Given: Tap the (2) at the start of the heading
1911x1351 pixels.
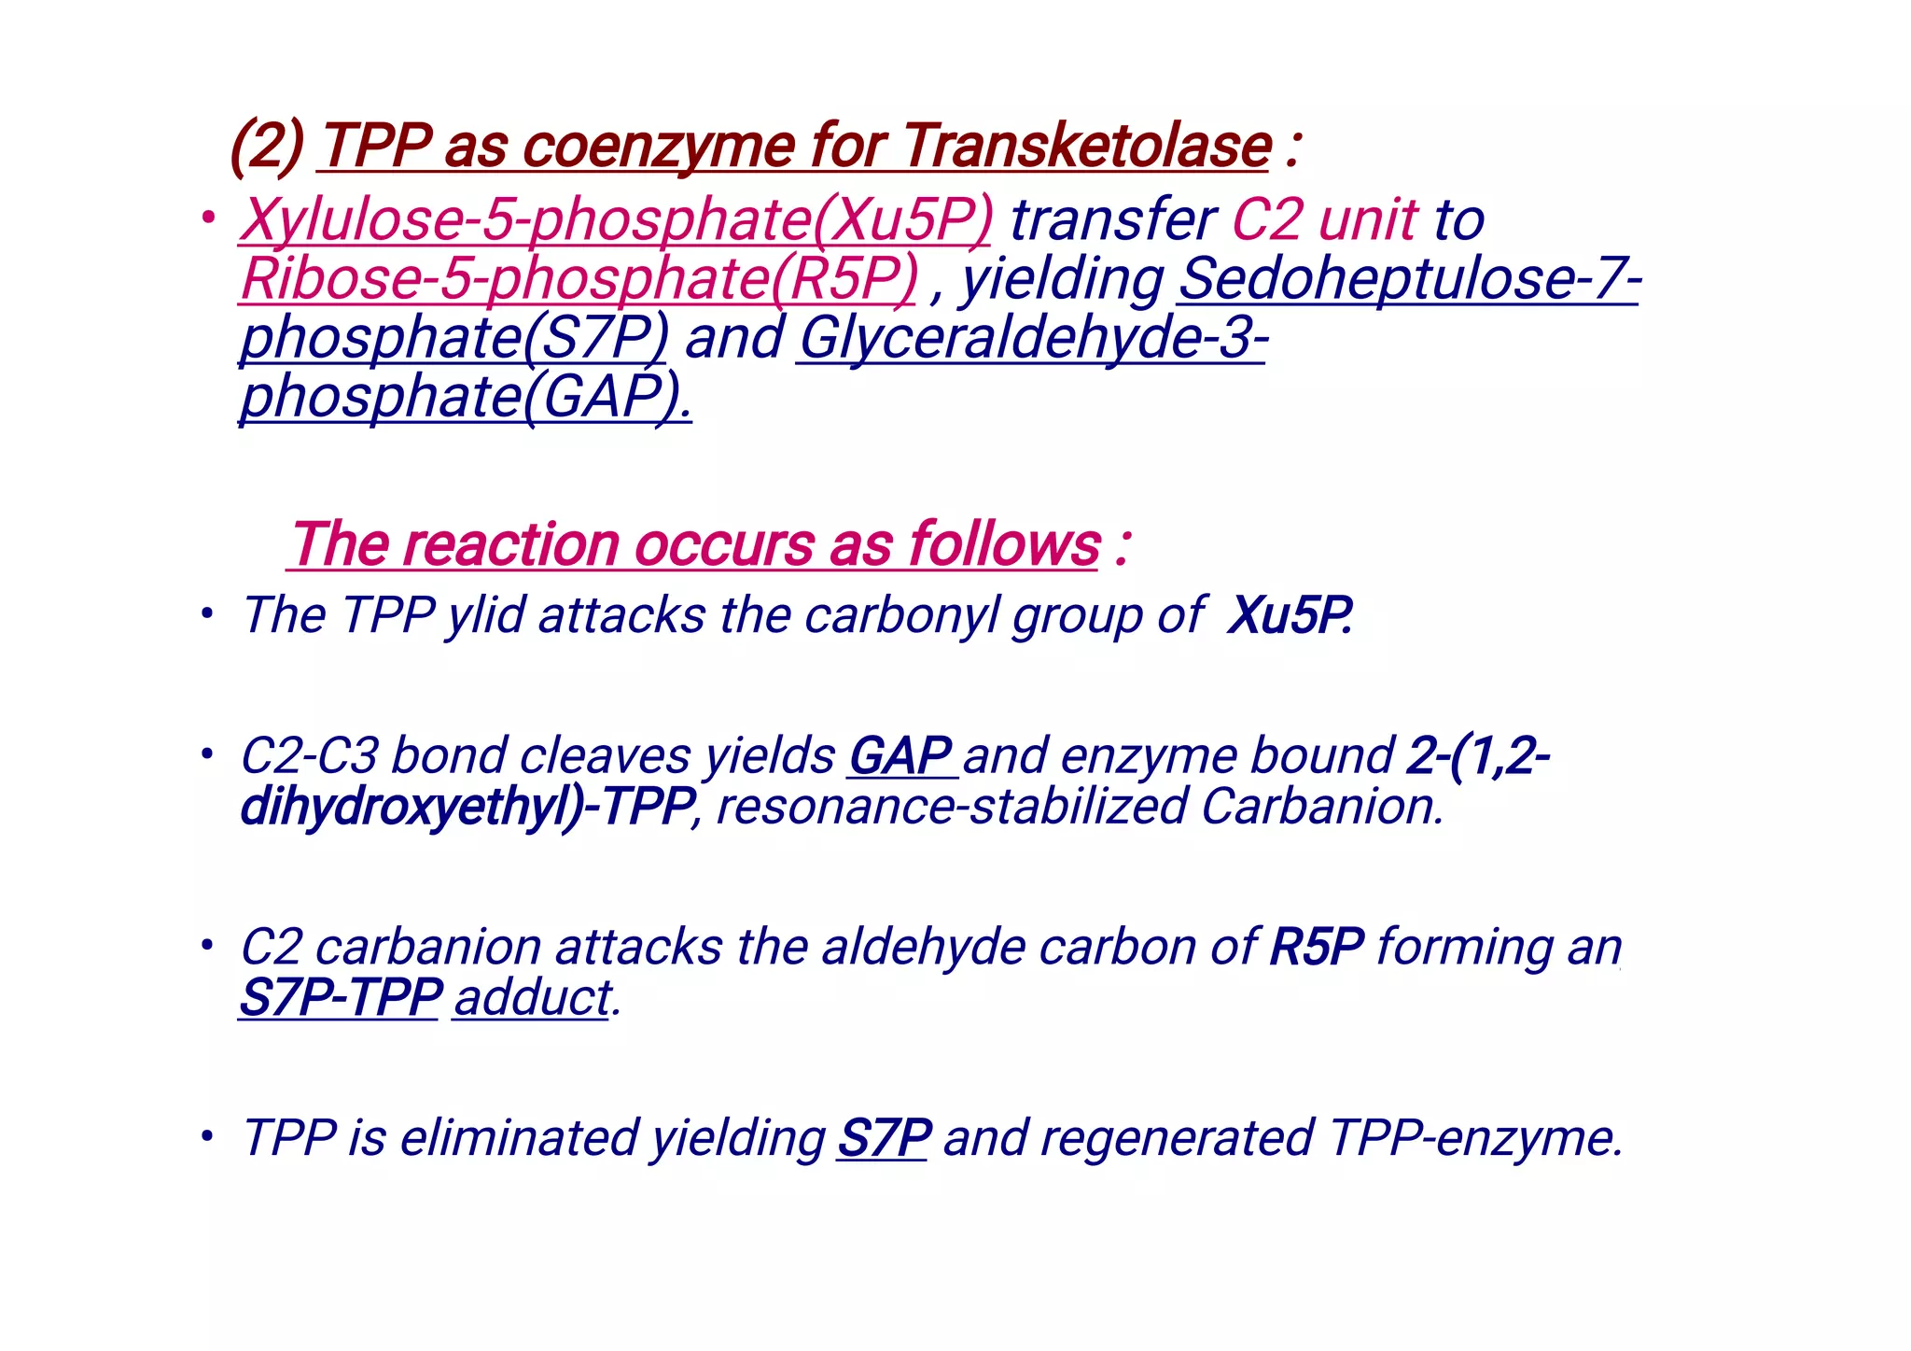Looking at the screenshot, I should [x=267, y=147].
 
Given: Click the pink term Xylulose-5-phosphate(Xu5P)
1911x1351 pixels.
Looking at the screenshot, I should [x=616, y=220].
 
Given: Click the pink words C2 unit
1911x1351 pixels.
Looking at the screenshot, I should [x=1325, y=220].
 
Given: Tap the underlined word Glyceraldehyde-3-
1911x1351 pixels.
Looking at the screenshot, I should [x=1032, y=337].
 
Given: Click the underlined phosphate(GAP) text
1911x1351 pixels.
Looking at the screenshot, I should [x=465, y=396].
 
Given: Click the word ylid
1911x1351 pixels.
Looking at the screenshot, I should [x=485, y=616].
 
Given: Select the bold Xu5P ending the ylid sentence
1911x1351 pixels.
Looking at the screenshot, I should [x=1289, y=616].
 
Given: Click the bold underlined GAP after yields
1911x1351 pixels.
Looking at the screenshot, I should [x=900, y=755].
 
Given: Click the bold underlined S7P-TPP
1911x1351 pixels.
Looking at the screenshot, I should [x=340, y=997].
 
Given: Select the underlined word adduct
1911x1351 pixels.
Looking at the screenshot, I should [x=533, y=997].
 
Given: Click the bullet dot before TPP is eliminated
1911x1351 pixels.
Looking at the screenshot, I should [x=207, y=1137].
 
